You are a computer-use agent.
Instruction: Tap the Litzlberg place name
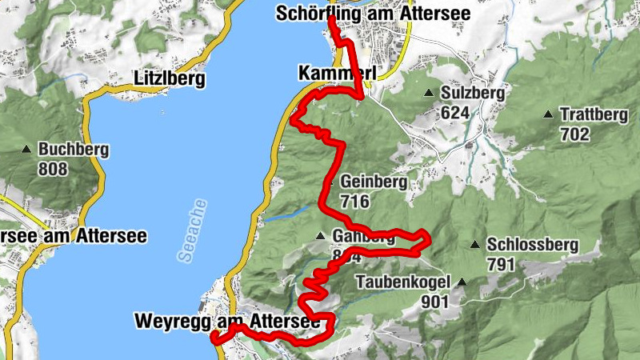tap(169, 79)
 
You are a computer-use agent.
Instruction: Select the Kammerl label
tap(336, 73)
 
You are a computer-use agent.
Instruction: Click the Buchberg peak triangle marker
tap(28, 149)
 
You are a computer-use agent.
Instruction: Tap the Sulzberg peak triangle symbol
tap(430, 93)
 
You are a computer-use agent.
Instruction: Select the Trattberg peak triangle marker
tap(548, 114)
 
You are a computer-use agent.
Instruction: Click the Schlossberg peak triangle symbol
tap(476, 245)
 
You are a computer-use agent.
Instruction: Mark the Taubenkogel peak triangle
tap(461, 282)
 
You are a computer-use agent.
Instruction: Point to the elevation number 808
tap(53, 170)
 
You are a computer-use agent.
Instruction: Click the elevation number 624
tap(454, 113)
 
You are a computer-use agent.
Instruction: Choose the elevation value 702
tap(574, 134)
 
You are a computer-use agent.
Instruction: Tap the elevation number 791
tap(501, 265)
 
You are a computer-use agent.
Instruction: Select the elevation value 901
tap(438, 302)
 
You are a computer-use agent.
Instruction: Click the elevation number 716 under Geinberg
tap(354, 202)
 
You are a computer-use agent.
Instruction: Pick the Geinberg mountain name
tap(374, 182)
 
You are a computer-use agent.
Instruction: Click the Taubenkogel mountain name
tap(405, 282)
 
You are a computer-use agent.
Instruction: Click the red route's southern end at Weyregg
tap(214, 338)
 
